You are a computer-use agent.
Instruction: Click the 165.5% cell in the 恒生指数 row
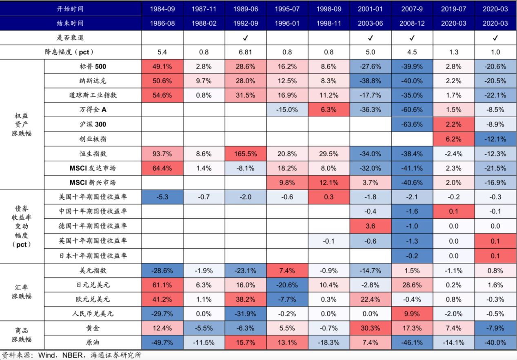[245, 153]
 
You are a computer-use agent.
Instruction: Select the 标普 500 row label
[93, 66]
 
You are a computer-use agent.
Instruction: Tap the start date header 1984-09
[162, 9]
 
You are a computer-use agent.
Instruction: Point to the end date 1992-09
[245, 23]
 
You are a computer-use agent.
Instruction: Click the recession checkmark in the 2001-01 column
[370, 38]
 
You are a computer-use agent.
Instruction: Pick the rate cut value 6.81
[245, 52]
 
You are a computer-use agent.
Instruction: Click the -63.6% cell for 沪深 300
[412, 124]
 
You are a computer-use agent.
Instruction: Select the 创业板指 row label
[93, 139]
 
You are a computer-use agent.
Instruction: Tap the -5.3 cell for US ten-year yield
[162, 197]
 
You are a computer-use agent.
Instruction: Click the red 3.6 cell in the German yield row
[370, 226]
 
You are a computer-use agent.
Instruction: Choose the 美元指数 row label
[93, 270]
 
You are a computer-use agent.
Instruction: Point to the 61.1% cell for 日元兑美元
[162, 285]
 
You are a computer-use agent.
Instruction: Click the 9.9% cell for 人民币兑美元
[412, 314]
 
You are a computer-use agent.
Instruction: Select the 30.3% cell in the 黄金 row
[370, 328]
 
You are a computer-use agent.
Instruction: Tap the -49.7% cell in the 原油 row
[162, 342]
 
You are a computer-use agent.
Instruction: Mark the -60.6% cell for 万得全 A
[412, 110]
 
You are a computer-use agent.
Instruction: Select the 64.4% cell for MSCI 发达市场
[162, 168]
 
